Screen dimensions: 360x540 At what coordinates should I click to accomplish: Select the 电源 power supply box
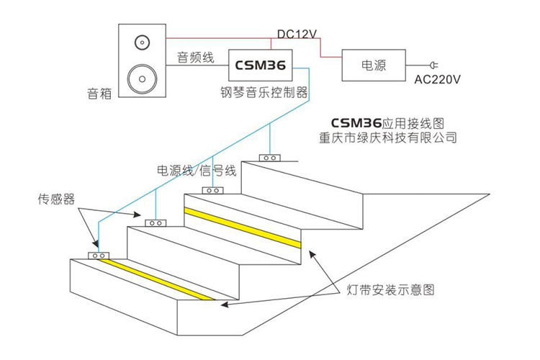pos(373,65)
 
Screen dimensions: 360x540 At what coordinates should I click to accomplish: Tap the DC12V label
pos(298,35)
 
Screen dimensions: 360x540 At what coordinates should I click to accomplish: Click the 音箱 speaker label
pos(99,93)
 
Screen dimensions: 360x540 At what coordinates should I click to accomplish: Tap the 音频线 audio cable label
pos(195,58)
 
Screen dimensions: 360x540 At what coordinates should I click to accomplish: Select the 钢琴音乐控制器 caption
pos(264,92)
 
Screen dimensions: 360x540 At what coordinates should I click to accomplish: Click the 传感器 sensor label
pos(57,198)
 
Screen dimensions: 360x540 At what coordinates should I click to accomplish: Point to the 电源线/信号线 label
pos(197,171)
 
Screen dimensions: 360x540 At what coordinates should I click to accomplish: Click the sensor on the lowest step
pos(97,255)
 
